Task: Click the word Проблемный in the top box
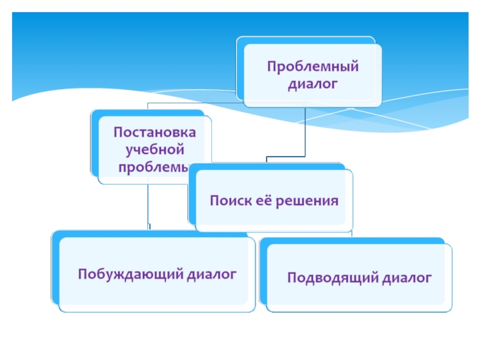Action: point(313,66)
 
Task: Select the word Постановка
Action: point(155,131)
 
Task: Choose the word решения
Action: point(306,200)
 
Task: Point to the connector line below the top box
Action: point(305,132)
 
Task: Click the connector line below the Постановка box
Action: point(149,204)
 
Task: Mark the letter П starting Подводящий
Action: point(292,277)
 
